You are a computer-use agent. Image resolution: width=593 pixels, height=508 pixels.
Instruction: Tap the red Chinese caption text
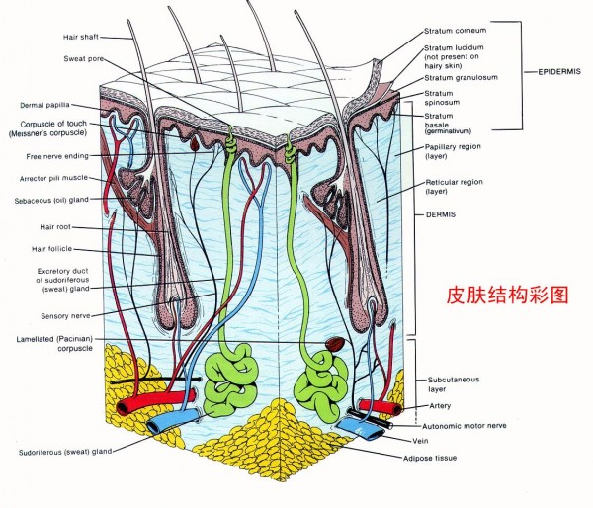494,295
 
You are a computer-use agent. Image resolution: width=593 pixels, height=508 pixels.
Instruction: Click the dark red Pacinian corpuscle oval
336,347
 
